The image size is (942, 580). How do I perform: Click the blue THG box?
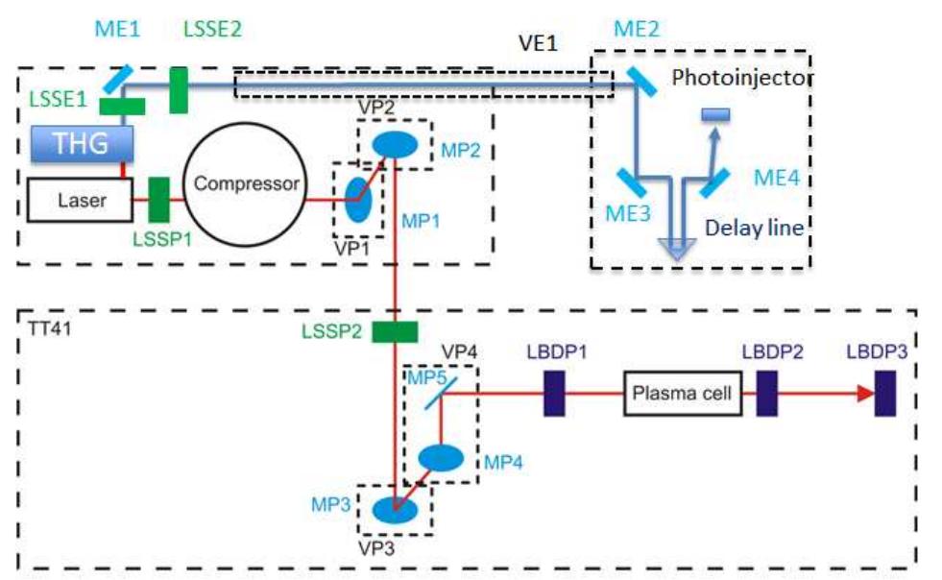83,145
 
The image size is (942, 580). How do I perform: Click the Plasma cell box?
684,394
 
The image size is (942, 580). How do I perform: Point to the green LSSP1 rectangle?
159,201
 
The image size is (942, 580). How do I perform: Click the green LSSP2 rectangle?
395,332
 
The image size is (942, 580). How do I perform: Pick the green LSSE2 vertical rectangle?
179,90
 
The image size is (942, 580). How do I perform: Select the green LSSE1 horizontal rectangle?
121,106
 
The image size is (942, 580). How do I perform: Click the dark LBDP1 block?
555,394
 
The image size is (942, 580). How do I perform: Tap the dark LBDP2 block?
766,394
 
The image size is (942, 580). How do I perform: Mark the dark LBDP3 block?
885,394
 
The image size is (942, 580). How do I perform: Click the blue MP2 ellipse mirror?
395,144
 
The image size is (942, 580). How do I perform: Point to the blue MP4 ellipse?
442,457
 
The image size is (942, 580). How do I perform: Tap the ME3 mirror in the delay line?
630,180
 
